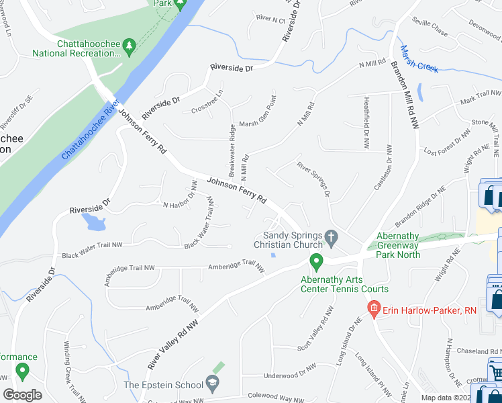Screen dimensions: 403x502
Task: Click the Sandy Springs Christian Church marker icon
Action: point(330,236)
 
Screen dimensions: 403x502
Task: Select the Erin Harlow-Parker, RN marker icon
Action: point(374,310)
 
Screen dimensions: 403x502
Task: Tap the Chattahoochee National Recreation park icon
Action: point(130,45)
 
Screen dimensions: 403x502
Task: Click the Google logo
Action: point(22,395)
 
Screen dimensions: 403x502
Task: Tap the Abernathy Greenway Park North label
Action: point(398,245)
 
